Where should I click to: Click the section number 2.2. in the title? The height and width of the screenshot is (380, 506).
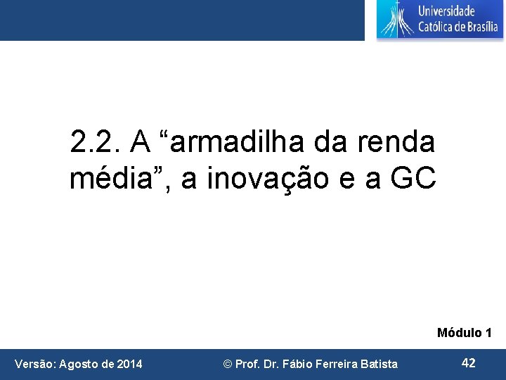[x=95, y=143]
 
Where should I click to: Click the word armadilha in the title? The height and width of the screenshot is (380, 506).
[x=231, y=143]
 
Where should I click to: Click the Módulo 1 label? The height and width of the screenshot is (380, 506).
[x=464, y=332]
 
